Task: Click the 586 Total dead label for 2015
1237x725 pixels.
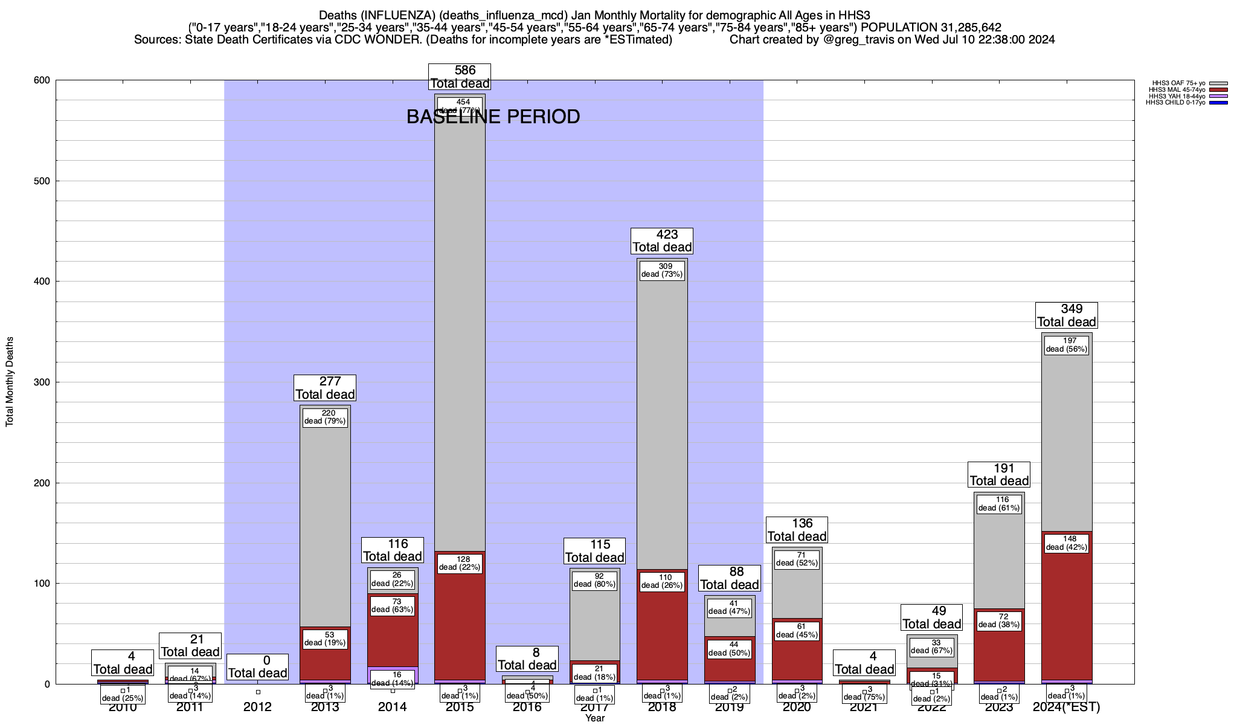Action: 460,77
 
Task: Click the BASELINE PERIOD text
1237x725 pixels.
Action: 493,117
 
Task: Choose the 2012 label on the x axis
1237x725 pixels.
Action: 257,707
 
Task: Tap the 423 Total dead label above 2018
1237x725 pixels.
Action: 662,241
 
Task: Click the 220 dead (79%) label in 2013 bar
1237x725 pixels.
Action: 325,417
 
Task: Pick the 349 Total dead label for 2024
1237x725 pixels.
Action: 1067,315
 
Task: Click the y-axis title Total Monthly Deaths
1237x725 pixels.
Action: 10,381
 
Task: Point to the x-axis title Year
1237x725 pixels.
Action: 594,718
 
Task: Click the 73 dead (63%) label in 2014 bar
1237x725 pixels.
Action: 393,605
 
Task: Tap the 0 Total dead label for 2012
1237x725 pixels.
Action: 257,667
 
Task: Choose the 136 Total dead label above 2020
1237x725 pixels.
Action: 797,530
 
